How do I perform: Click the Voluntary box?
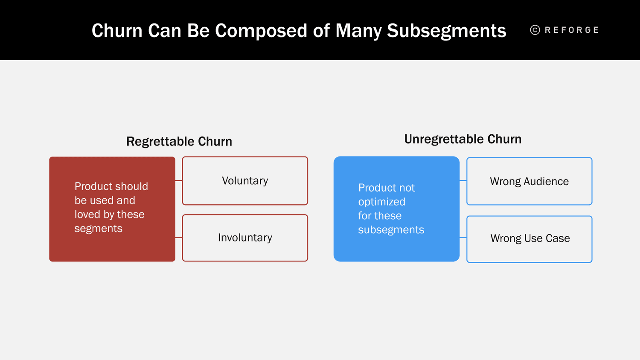click(245, 181)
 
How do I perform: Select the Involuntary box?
click(245, 238)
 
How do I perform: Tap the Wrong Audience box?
click(529, 181)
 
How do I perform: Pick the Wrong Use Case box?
click(529, 238)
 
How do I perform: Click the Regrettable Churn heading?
click(179, 141)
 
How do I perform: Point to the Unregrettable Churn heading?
click(463, 139)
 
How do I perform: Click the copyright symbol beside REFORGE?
click(535, 30)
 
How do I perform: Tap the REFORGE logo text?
click(572, 30)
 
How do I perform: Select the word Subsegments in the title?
click(446, 31)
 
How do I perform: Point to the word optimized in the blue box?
click(381, 202)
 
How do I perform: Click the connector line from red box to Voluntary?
click(179, 180)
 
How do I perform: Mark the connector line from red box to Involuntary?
click(179, 237)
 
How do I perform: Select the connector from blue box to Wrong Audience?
click(463, 181)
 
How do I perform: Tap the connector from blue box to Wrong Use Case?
click(463, 237)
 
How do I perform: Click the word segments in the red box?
click(98, 229)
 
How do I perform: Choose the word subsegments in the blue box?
click(391, 230)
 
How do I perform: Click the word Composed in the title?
click(247, 31)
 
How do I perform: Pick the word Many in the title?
click(358, 31)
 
